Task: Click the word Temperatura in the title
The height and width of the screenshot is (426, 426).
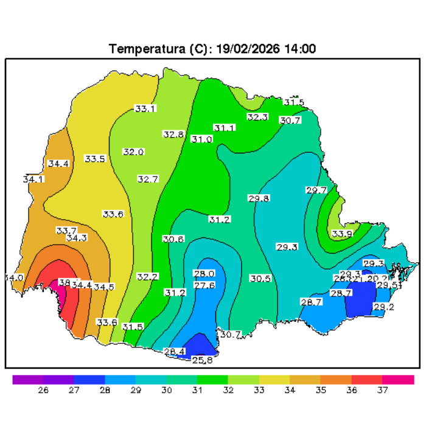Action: (144, 49)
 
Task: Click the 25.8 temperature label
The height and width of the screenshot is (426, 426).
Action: (203, 360)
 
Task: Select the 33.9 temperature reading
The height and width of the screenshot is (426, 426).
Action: (342, 234)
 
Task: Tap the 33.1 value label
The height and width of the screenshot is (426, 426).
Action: (145, 109)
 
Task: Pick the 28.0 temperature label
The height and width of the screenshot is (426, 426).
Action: (204, 273)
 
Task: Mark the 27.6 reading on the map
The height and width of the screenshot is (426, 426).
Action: (204, 285)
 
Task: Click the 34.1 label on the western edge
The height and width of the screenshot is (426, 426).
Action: (33, 180)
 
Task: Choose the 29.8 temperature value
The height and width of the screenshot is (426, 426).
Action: (259, 198)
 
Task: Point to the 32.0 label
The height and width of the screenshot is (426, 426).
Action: (133, 152)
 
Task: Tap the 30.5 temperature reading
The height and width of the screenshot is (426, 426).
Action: (260, 278)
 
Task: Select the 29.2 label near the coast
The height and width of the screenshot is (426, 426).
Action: (383, 307)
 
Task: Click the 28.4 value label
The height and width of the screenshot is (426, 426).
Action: (175, 351)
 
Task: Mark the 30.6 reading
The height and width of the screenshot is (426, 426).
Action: (173, 239)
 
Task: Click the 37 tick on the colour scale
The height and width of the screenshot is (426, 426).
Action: (382, 390)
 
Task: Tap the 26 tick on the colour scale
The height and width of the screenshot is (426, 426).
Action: (43, 390)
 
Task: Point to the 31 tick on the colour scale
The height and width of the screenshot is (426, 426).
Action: (197, 390)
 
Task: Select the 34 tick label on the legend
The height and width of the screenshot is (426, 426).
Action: (289, 390)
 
